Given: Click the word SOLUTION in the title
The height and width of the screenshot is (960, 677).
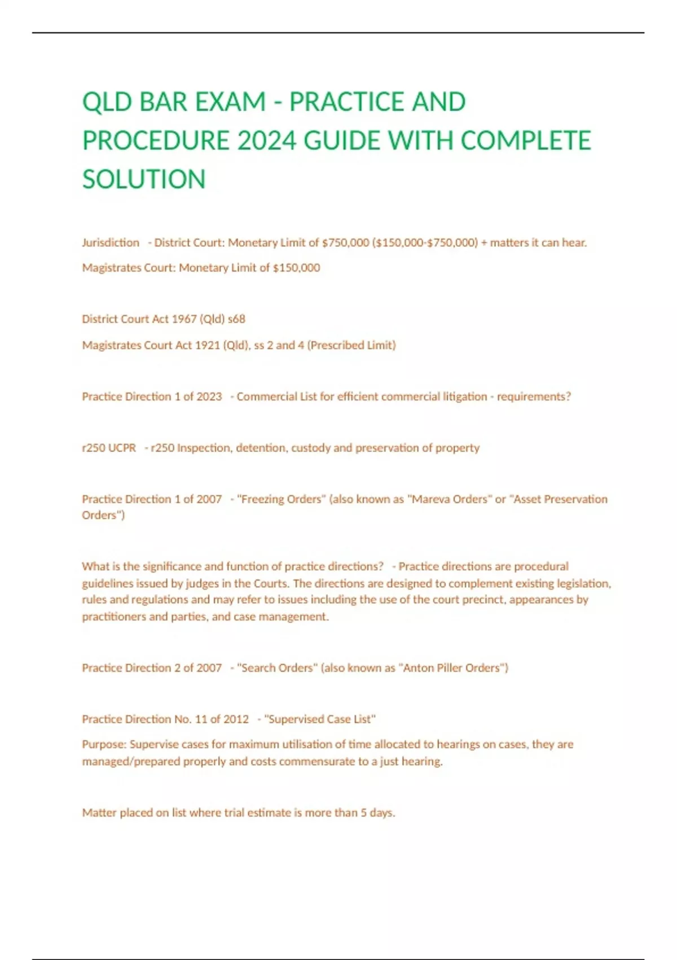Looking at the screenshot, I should pyautogui.click(x=144, y=179).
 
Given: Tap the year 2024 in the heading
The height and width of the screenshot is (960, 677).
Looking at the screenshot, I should pyautogui.click(x=266, y=141).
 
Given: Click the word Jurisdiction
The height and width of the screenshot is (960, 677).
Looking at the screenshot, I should pyautogui.click(x=111, y=243).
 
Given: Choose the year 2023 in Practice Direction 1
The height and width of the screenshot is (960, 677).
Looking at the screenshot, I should pyautogui.click(x=209, y=396).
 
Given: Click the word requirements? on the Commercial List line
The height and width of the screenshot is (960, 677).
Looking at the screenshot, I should pyautogui.click(x=534, y=396).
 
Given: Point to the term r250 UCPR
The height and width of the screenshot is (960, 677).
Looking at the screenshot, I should pyautogui.click(x=109, y=448).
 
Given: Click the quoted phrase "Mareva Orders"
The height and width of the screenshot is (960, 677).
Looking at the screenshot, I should pyautogui.click(x=449, y=499).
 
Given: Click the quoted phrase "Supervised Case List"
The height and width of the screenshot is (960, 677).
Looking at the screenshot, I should pyautogui.click(x=319, y=719).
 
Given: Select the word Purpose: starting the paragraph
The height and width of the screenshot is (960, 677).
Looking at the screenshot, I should pyautogui.click(x=104, y=744).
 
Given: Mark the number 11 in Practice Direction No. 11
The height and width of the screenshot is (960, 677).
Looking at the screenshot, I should pyautogui.click(x=201, y=719).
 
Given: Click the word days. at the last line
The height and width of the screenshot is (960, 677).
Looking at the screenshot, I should pyautogui.click(x=382, y=813).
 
